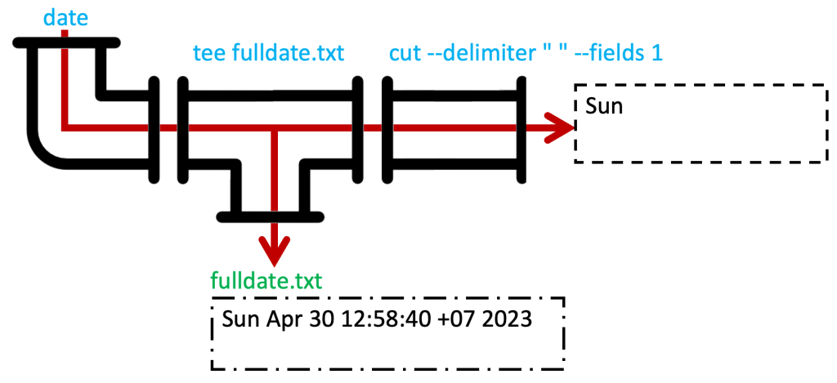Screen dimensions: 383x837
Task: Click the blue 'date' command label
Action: tap(67, 17)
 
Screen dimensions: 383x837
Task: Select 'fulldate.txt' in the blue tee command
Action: tap(288, 54)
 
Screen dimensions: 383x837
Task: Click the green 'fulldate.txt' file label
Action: tap(266, 282)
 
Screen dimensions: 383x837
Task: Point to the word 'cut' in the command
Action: tap(405, 54)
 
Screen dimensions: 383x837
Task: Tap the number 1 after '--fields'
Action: tap(656, 54)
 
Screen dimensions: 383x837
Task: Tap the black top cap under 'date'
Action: tap(67, 42)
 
